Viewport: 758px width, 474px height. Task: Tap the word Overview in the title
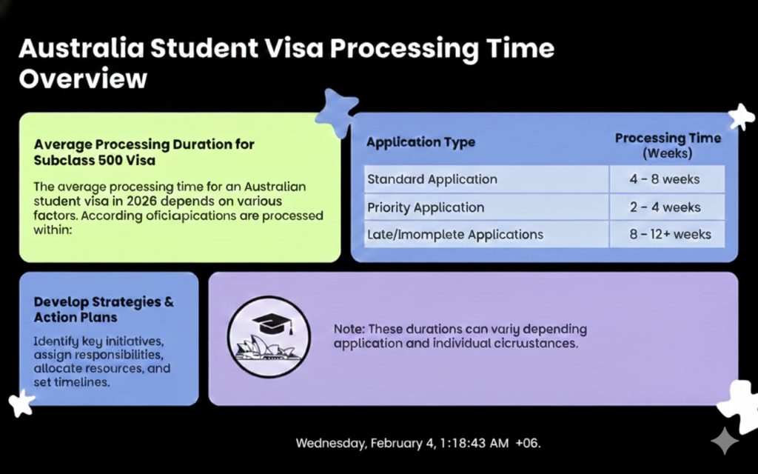83,79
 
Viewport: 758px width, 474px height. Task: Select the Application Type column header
420,142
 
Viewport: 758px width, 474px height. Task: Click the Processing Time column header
667,145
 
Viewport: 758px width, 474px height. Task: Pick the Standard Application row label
432,179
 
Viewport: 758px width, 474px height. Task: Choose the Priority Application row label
426,207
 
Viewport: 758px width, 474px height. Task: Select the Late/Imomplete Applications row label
455,235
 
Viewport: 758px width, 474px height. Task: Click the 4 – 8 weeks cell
665,179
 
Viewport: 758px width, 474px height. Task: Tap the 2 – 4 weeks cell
665,207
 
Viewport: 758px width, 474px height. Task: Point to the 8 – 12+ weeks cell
671,235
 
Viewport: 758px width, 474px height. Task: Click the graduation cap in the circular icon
269,324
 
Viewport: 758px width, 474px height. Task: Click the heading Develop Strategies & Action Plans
104,310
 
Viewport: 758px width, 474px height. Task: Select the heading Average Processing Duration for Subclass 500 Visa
144,152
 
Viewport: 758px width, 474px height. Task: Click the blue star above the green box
337,113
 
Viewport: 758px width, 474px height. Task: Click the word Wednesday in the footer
329,443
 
